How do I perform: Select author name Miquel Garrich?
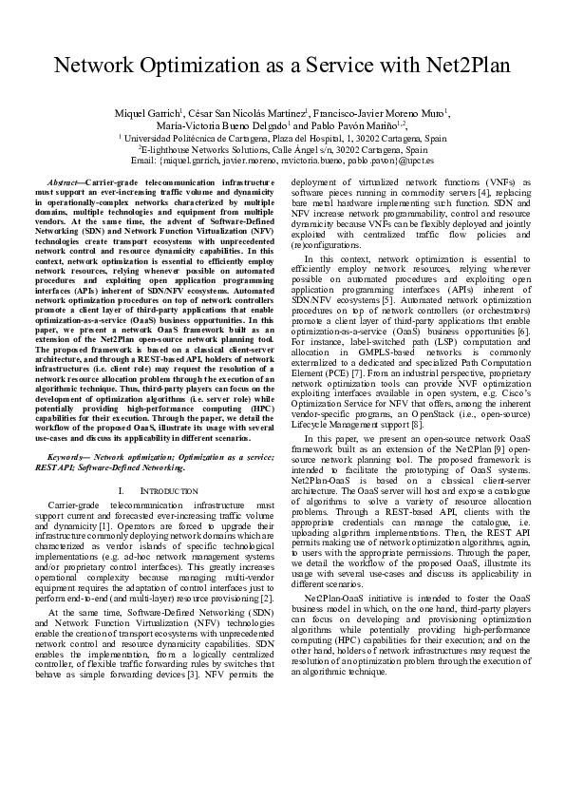coord(147,114)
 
